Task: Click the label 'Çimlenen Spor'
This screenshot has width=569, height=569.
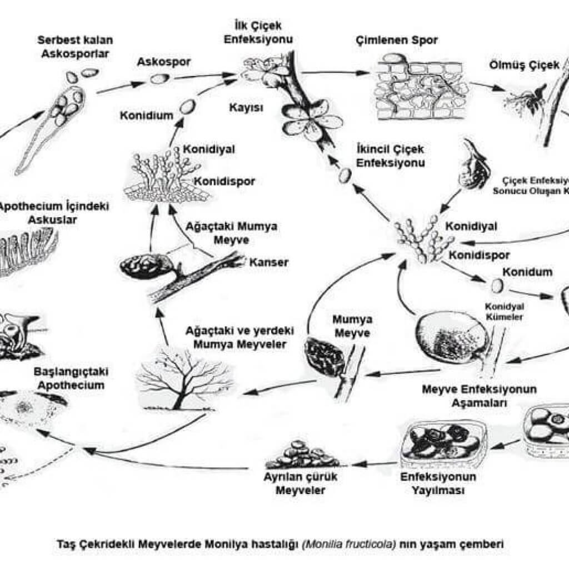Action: click(x=396, y=40)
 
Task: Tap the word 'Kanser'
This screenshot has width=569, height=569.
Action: click(x=269, y=262)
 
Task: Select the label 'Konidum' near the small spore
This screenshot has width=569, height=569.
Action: click(x=527, y=272)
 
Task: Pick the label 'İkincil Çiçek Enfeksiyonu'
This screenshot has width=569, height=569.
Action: click(x=390, y=156)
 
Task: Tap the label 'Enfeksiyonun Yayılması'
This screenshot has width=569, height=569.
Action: click(x=438, y=484)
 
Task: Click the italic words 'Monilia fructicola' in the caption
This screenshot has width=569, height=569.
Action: click(x=348, y=545)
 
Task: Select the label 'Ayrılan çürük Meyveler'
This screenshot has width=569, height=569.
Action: click(x=300, y=483)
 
